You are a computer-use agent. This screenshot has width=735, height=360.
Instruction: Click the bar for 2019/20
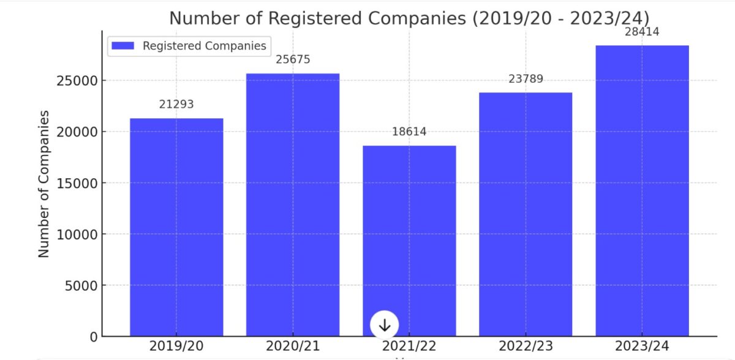[176, 227]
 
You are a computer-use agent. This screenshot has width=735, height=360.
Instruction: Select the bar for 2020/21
[293, 204]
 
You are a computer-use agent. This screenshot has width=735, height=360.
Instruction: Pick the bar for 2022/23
[526, 214]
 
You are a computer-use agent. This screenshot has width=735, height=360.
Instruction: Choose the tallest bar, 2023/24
[642, 190]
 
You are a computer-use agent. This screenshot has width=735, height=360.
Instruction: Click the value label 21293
[176, 105]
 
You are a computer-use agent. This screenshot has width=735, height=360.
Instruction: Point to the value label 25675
[293, 60]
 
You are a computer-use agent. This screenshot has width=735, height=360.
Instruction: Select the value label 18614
[409, 132]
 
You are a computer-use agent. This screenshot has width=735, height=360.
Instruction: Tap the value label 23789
[526, 79]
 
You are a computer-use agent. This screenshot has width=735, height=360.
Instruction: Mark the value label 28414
[642, 32]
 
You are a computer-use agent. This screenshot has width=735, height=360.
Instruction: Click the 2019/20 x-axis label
[176, 346]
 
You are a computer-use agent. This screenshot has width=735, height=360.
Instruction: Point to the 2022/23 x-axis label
[526, 346]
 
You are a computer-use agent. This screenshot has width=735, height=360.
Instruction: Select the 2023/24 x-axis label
[642, 346]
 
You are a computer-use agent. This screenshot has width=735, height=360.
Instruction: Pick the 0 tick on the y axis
[93, 337]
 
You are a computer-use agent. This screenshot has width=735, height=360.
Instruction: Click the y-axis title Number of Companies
[44, 184]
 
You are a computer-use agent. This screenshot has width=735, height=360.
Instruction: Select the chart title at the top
[409, 18]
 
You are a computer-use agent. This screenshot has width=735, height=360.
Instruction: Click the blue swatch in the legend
[123, 46]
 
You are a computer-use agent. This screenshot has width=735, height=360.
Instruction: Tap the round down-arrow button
[385, 325]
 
